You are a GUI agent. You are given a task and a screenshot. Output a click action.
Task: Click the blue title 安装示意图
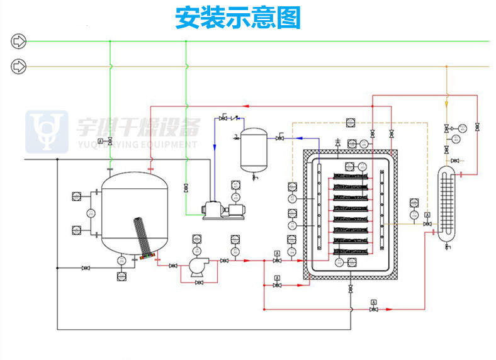tap(238, 18)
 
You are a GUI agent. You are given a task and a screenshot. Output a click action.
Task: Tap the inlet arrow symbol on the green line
tap(19, 42)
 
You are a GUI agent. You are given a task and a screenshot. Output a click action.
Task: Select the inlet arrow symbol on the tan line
tap(19, 65)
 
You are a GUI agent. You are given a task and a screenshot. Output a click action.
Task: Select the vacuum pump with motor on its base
tap(223, 210)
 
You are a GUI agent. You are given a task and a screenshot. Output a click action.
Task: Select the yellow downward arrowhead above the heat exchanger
tap(446, 103)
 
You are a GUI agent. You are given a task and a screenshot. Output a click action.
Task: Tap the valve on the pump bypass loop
tap(199, 283)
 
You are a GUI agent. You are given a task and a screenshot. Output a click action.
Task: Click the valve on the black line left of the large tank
tap(85, 269)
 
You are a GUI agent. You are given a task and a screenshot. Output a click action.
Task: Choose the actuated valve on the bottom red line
tap(373, 309)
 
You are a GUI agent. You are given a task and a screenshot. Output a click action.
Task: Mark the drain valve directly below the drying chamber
tap(350, 290)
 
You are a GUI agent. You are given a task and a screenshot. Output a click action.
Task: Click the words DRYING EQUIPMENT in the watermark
tap(157, 145)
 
